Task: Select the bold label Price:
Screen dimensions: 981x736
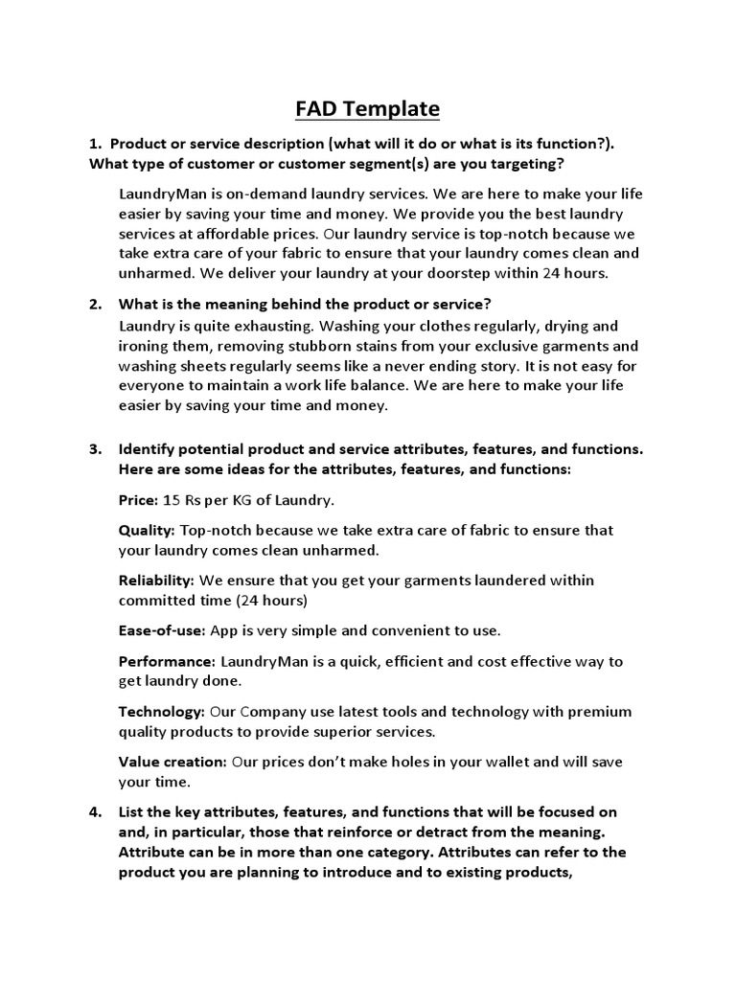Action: click(138, 500)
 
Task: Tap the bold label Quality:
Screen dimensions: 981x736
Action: click(147, 530)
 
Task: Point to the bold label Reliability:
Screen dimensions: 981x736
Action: click(156, 581)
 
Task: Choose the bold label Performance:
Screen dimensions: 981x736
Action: click(167, 661)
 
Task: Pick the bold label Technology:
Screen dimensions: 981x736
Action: click(161, 712)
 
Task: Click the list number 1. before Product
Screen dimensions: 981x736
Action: click(95, 143)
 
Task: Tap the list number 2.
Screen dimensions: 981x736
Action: click(95, 305)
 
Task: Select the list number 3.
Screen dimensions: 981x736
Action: click(95, 449)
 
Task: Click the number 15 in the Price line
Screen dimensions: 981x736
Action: click(172, 500)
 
